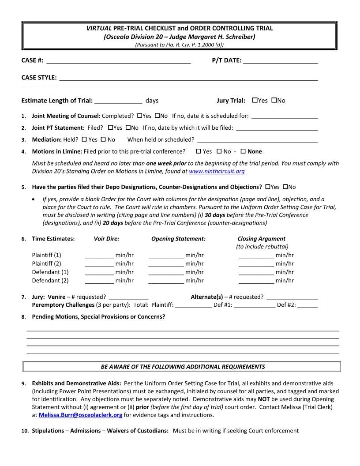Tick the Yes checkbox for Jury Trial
(x=255, y=101)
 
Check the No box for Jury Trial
(x=274, y=101)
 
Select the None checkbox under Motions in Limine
(x=243, y=151)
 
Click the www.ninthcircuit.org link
(x=217, y=171)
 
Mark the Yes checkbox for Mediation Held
(x=84, y=139)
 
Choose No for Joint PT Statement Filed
(x=128, y=128)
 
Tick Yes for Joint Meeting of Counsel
(x=139, y=116)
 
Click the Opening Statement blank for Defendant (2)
(x=166, y=281)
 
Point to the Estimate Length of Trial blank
(x=118, y=101)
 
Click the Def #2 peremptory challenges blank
(x=310, y=305)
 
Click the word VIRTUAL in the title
(x=98, y=28)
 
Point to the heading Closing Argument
(x=261, y=239)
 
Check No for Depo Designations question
(x=285, y=187)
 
